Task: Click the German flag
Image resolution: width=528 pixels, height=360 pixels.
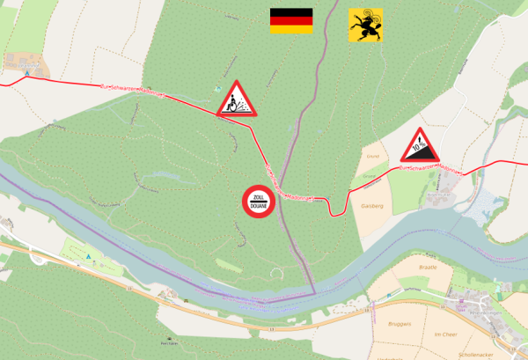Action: tap(290, 20)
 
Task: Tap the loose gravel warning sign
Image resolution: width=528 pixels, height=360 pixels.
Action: tap(235, 100)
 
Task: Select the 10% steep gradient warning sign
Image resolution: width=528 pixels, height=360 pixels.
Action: tap(422, 147)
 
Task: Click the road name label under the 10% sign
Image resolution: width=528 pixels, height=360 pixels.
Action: tap(431, 167)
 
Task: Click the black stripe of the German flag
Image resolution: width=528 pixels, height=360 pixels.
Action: tap(290, 12)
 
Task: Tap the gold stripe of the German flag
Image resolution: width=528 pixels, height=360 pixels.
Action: tap(290, 29)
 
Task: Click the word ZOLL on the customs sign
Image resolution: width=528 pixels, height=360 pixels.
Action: tap(259, 195)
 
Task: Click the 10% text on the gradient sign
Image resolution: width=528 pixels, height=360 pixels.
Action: tap(420, 151)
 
